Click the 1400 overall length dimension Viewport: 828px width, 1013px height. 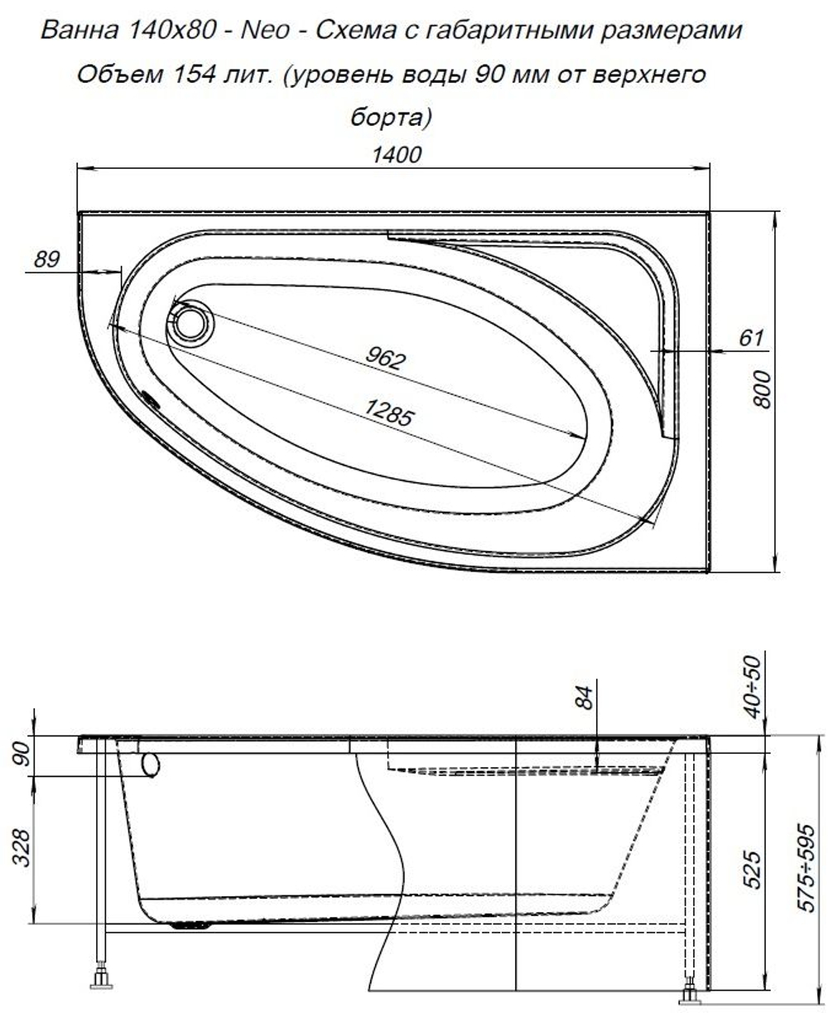click(396, 156)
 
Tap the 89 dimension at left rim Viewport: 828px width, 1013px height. click(47, 259)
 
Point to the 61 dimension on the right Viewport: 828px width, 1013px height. click(749, 338)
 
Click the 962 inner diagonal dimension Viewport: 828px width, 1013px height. click(386, 357)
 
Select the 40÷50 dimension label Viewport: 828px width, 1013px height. click(752, 689)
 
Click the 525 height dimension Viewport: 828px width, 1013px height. click(752, 867)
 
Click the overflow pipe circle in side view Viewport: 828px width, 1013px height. click(150, 765)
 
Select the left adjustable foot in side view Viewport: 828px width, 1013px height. click(101, 980)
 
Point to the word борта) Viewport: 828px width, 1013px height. click(391, 117)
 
